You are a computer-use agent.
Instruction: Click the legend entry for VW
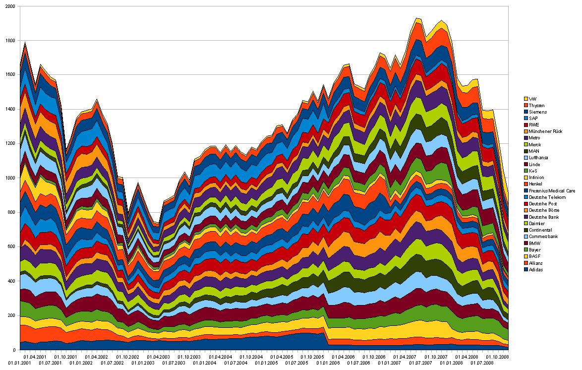533,98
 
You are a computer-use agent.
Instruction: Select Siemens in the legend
537,112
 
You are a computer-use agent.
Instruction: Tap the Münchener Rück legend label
545,131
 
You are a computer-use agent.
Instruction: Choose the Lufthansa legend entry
539,157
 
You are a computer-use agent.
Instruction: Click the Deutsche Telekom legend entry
545,197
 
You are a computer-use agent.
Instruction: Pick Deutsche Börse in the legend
543,210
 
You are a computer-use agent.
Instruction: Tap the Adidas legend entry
536,269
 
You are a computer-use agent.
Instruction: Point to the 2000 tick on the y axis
9,6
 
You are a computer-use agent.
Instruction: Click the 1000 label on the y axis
9,178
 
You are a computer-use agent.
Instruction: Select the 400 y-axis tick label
10,281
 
